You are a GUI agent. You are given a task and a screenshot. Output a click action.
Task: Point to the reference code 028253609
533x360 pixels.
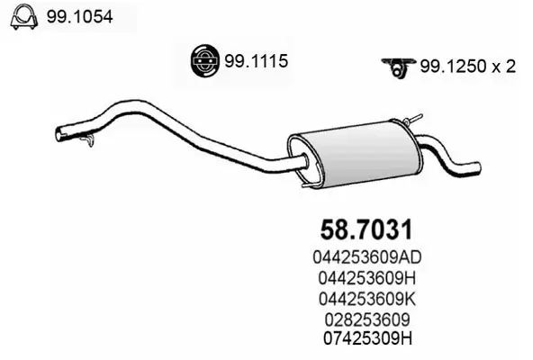371,318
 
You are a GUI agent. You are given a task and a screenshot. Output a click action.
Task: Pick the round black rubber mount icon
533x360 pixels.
204,60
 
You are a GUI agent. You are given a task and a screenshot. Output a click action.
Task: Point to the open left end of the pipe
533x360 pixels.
60,135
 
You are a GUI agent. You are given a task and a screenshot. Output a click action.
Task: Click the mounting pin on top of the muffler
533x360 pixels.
414,120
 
